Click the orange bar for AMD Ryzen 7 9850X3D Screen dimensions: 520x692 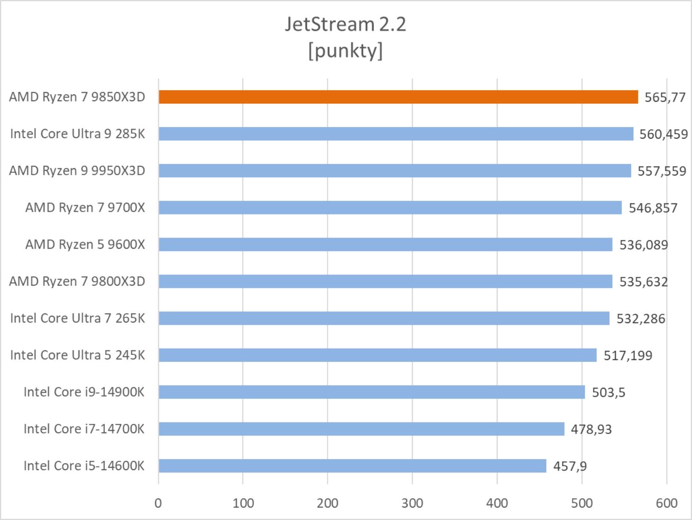tap(398, 97)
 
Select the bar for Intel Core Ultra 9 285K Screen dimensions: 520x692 tap(396, 134)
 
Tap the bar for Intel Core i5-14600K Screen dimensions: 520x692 tap(352, 466)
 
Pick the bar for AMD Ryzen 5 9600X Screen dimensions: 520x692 tap(385, 245)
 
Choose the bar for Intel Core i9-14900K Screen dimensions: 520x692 tap(372, 392)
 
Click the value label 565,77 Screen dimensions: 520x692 tap(665, 98)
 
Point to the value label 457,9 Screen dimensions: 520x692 tap(570, 466)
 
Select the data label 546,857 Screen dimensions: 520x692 tap(653, 208)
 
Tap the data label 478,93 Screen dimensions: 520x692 tap(591, 429)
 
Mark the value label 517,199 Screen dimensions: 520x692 tap(628, 355)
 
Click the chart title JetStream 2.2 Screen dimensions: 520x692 tap(345, 24)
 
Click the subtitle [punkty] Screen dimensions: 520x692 tap(345, 50)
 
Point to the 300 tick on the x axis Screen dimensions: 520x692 tap(412, 503)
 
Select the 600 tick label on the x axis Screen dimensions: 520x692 tap(666, 503)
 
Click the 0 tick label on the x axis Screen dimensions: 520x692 tap(158, 503)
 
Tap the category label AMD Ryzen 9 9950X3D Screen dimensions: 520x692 tap(77, 171)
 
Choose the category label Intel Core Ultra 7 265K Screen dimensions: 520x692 tap(78, 318)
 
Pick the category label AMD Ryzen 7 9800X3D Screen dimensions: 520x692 tap(77, 281)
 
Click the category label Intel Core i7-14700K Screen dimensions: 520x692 tap(84, 429)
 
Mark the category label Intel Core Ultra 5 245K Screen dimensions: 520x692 tap(78, 355)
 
